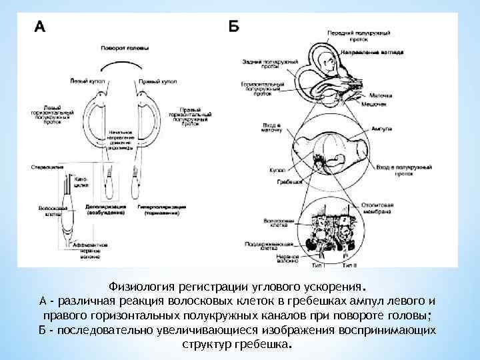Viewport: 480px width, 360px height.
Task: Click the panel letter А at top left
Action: (x=40, y=27)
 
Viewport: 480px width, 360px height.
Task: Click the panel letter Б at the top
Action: (x=234, y=26)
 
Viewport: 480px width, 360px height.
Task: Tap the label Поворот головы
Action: (x=125, y=49)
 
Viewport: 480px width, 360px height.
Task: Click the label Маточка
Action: (x=381, y=95)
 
